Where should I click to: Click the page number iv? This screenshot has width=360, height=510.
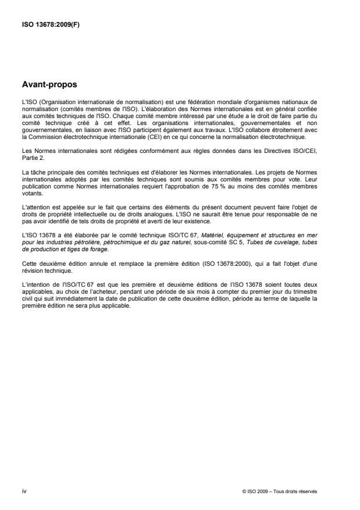tap(23, 491)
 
